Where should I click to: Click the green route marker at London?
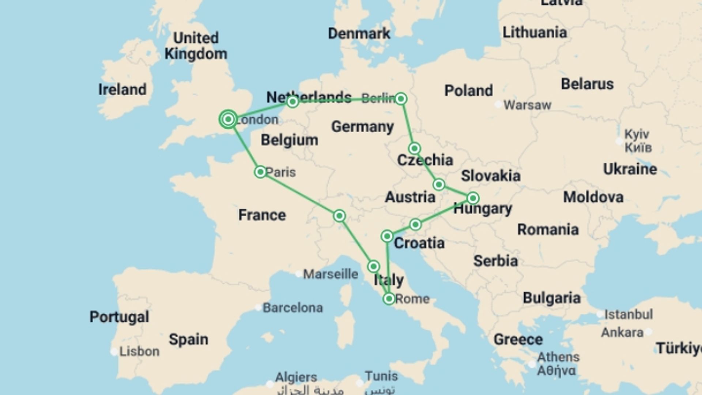click(228, 119)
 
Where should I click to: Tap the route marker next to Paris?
click(260, 172)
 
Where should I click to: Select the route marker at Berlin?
click(401, 99)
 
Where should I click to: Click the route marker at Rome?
click(389, 299)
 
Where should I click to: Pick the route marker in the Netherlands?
click(292, 102)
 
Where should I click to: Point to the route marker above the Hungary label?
click(473, 198)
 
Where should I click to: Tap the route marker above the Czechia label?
click(414, 148)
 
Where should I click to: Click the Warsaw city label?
click(527, 105)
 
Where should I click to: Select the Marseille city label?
click(331, 274)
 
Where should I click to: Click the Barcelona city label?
click(292, 308)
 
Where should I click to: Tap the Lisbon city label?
click(139, 351)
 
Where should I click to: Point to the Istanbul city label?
click(628, 314)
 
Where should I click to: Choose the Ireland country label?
click(122, 90)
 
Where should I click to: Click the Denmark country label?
click(359, 34)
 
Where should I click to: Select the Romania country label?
click(548, 230)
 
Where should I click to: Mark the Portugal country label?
click(119, 317)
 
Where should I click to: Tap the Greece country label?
click(518, 339)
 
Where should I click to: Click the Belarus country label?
click(587, 84)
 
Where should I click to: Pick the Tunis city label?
click(381, 376)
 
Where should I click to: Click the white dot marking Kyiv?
click(619, 141)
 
